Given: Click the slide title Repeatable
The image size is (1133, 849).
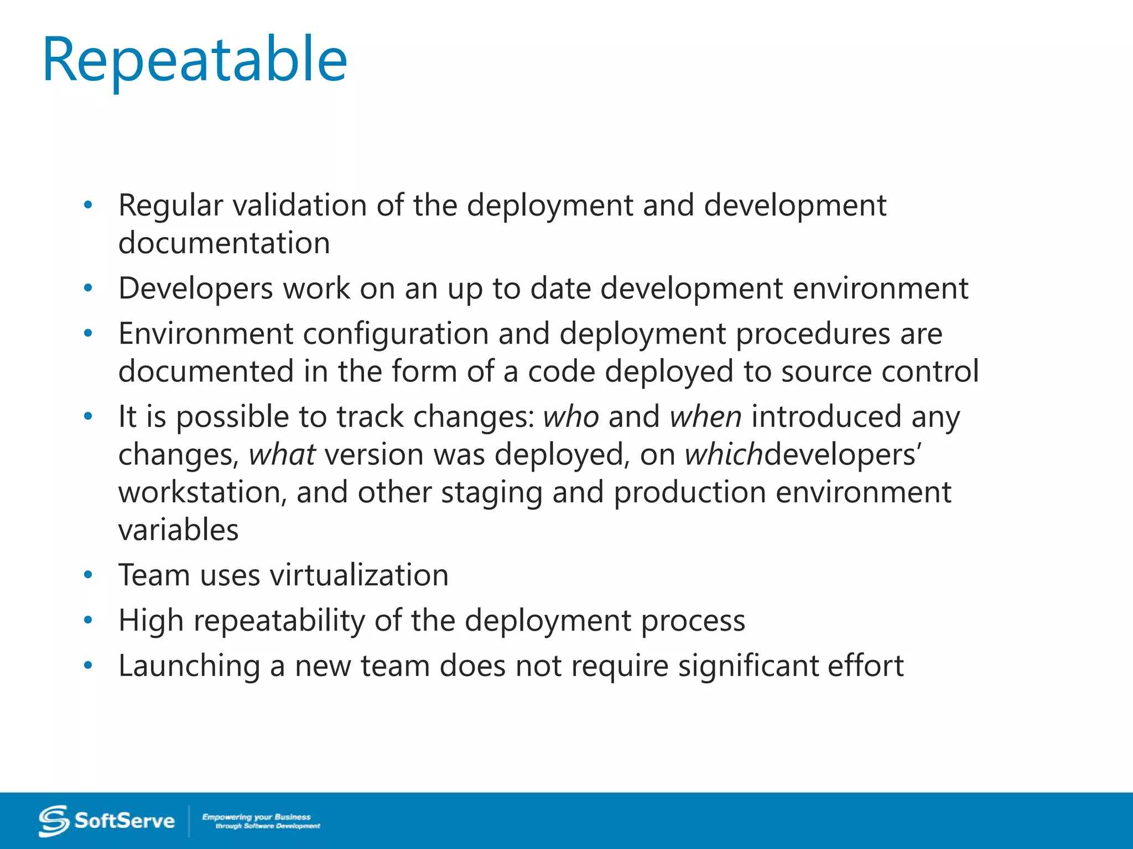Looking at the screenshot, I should [x=195, y=60].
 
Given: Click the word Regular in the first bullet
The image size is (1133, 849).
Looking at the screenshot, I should [x=170, y=206].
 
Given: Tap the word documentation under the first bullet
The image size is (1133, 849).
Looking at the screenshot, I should [x=224, y=243].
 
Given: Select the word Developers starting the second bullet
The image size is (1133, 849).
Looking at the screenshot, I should [x=196, y=289].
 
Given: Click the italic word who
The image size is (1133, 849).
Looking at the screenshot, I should [x=571, y=417].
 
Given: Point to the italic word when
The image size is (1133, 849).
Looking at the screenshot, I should [x=705, y=417].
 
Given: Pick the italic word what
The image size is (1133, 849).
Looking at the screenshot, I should [x=282, y=455].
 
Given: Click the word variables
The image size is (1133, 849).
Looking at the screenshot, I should [x=178, y=530].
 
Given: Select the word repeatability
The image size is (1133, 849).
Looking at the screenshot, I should [x=279, y=621].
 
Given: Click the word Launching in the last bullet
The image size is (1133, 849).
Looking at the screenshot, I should [x=189, y=666].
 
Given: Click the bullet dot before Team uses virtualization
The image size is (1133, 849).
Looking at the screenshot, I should [x=88, y=575].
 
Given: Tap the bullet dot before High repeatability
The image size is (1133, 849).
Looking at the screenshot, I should [x=88, y=621].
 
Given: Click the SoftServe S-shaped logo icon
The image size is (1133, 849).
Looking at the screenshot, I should [x=54, y=821].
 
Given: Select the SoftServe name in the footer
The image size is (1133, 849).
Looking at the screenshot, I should [x=124, y=821].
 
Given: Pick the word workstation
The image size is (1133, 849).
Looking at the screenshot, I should [x=202, y=492].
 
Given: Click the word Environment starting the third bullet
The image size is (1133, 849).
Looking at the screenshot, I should [x=206, y=334].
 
